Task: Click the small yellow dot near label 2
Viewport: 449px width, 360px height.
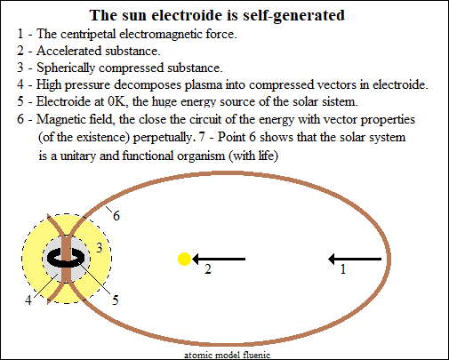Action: point(184,259)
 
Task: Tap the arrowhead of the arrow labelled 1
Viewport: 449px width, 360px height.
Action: point(332,259)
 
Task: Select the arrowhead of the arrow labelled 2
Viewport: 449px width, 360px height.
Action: point(196,259)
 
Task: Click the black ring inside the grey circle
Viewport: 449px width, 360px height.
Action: point(66,258)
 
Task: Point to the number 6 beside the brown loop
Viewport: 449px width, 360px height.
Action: point(116,216)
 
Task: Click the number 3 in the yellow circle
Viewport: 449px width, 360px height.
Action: point(100,248)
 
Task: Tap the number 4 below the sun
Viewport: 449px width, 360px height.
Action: point(28,300)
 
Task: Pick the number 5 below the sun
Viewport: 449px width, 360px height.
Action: point(116,300)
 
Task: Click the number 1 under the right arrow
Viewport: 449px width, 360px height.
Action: point(343,269)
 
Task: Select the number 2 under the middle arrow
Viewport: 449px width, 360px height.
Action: point(208,269)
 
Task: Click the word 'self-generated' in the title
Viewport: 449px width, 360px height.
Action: point(293,15)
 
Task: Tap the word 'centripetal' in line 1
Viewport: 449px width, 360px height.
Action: point(87,35)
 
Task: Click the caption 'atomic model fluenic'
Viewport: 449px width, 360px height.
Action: point(227,355)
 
